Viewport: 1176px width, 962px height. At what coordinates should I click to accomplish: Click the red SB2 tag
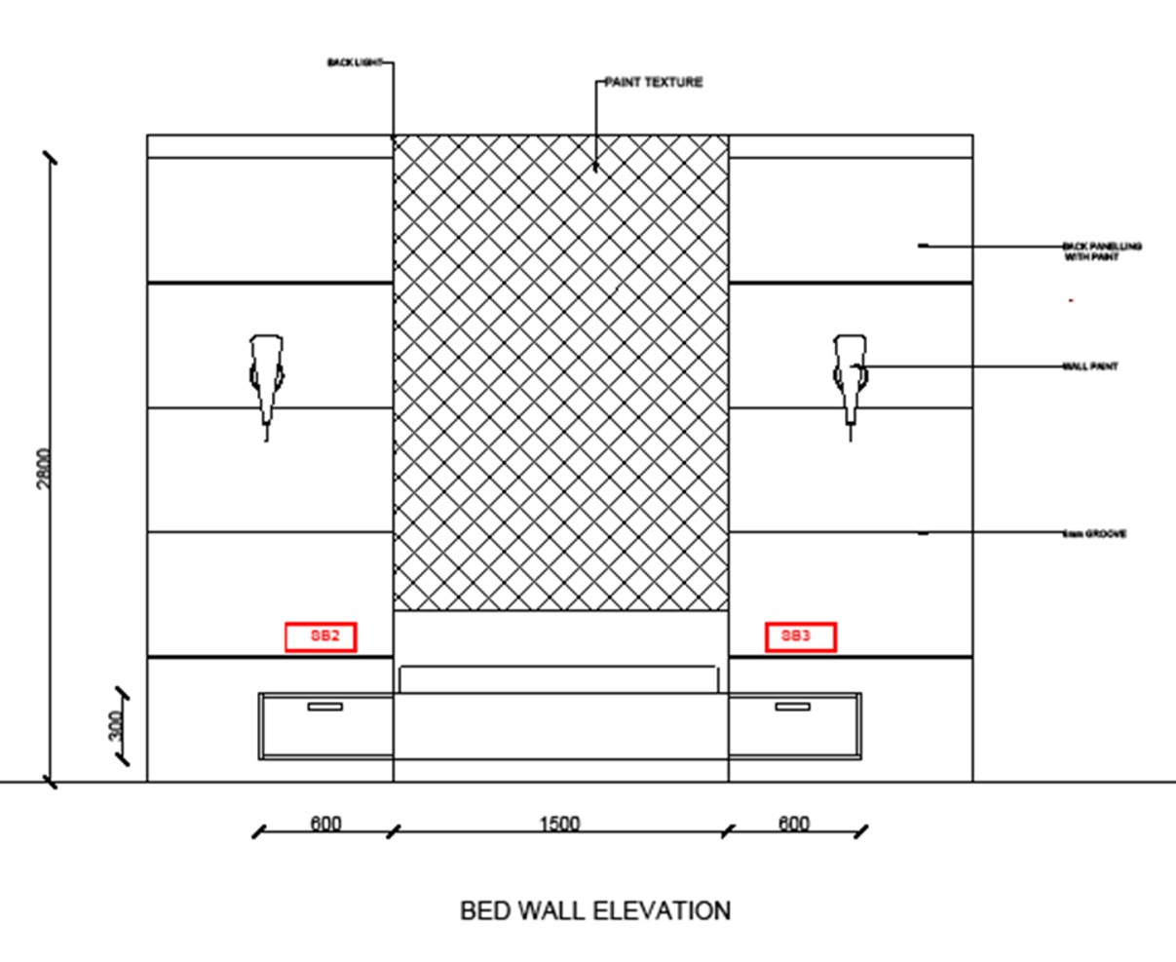[321, 637]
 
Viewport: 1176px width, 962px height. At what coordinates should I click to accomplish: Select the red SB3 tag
[800, 637]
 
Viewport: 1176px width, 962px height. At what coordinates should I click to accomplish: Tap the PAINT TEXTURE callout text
[653, 83]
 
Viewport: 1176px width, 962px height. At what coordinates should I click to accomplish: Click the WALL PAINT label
[1090, 366]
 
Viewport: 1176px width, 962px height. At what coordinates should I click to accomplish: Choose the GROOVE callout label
[1095, 534]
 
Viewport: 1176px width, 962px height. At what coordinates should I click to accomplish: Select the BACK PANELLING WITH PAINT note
[1101, 251]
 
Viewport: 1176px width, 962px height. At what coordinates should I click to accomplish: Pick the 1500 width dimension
[559, 824]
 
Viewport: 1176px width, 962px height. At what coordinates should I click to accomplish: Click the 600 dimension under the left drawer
[325, 824]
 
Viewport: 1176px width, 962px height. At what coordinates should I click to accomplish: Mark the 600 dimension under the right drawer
[794, 824]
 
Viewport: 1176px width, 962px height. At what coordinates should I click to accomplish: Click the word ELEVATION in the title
[668, 911]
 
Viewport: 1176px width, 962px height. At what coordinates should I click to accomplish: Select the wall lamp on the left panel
[266, 380]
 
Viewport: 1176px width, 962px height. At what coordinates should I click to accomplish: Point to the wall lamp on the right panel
[850, 380]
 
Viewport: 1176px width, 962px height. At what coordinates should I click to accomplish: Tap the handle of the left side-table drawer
[324, 706]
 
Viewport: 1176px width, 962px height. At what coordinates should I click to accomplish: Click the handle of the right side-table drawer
[792, 706]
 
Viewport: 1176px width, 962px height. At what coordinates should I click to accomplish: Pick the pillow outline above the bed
[560, 678]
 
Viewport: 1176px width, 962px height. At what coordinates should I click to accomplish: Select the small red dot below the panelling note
[1071, 301]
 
